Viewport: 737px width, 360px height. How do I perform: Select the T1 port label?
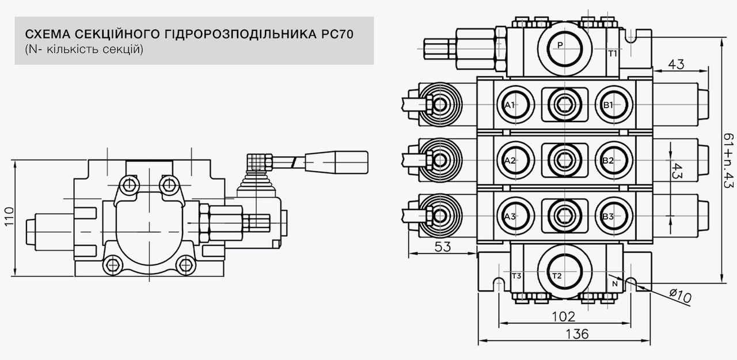click(613, 54)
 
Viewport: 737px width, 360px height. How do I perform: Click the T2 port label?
click(557, 276)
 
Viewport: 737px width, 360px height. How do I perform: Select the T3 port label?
click(516, 276)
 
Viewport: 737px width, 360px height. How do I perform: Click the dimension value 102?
click(564, 316)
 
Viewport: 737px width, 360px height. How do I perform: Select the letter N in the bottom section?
click(615, 283)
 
